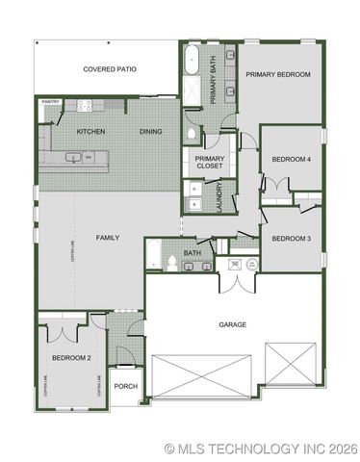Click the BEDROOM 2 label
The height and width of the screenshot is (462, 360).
point(71,357)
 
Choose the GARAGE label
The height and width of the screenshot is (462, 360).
point(233,324)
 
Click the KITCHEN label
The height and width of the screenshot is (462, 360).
point(90,131)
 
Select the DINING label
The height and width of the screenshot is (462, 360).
point(150,131)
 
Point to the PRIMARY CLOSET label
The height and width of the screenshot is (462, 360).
point(209,163)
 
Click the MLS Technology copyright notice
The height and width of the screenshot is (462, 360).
point(261,448)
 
